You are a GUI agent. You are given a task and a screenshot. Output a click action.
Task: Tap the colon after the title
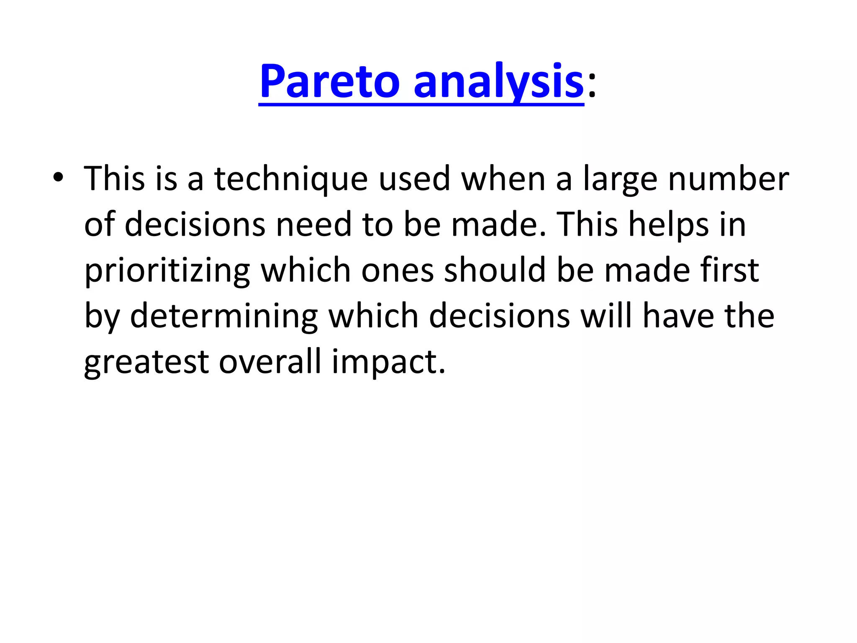[591, 86]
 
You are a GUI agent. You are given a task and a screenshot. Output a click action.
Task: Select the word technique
[291, 179]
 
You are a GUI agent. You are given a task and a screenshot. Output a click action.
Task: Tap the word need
[313, 225]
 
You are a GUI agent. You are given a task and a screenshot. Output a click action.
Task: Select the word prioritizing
[167, 271]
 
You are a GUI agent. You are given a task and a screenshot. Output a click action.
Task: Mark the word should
[495, 271]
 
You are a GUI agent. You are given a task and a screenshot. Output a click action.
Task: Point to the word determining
[224, 316]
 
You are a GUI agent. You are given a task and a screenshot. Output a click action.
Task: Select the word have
[678, 316]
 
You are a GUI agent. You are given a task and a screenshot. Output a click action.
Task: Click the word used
[414, 179]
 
